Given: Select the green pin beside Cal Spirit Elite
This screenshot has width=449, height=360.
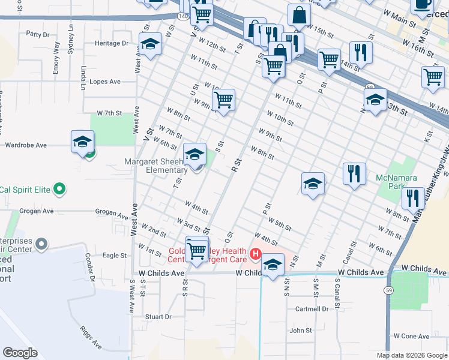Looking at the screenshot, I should pos(59,190).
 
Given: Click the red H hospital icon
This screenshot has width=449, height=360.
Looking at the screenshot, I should pos(256,255).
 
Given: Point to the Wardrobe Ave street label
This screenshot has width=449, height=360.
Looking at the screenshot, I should pos(25,145).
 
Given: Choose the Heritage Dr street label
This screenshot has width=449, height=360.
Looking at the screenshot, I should pos(112,43).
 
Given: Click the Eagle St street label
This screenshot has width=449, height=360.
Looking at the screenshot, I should pos(114,255).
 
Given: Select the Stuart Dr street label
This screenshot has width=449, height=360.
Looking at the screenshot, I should pos(158,316).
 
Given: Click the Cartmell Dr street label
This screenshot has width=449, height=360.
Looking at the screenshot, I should pos(312,309).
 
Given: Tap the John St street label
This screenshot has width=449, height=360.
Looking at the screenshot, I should pos(301,331).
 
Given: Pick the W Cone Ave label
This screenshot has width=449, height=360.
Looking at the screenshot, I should pos(410,336).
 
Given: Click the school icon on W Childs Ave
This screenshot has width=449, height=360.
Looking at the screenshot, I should pos(273,264).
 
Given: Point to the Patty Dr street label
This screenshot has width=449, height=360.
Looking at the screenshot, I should pos(37,35).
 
